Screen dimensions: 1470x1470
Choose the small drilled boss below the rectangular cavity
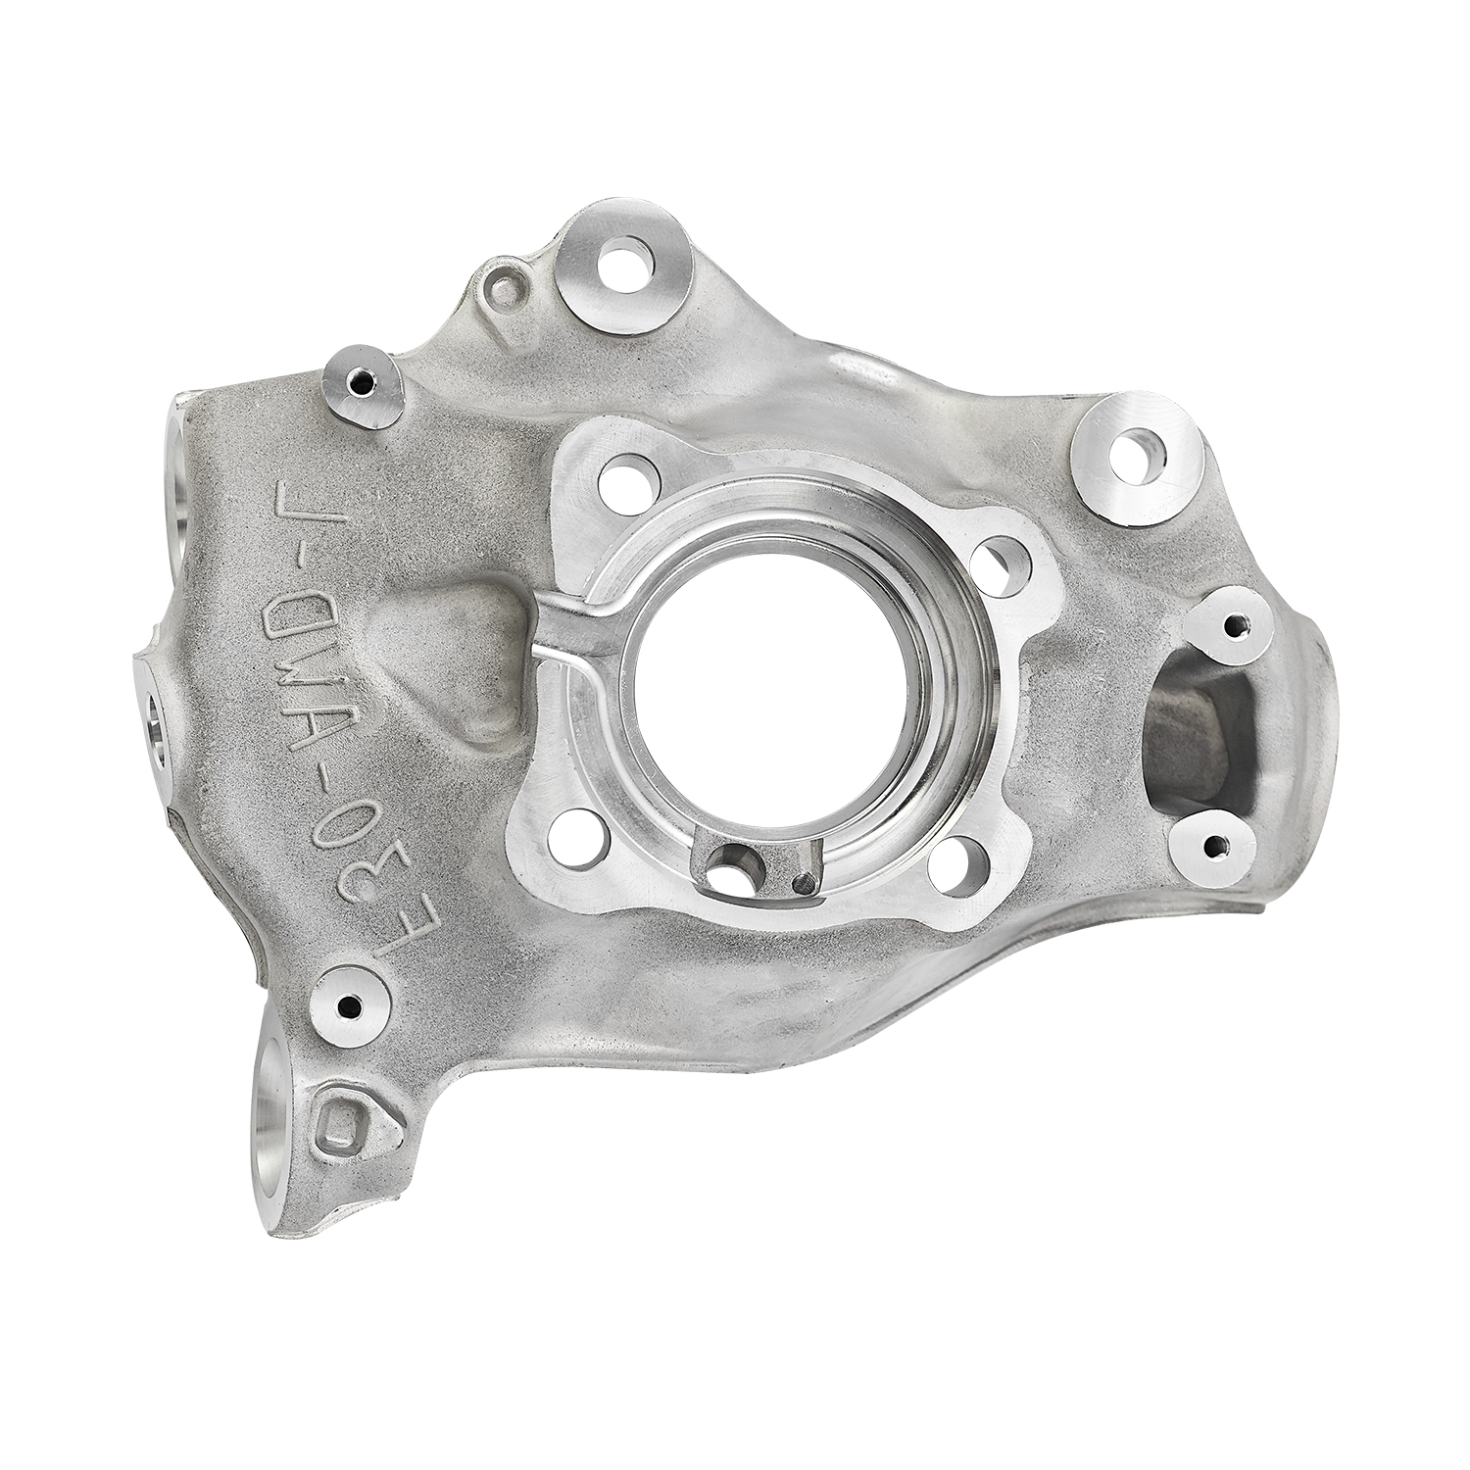(1216, 845)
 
